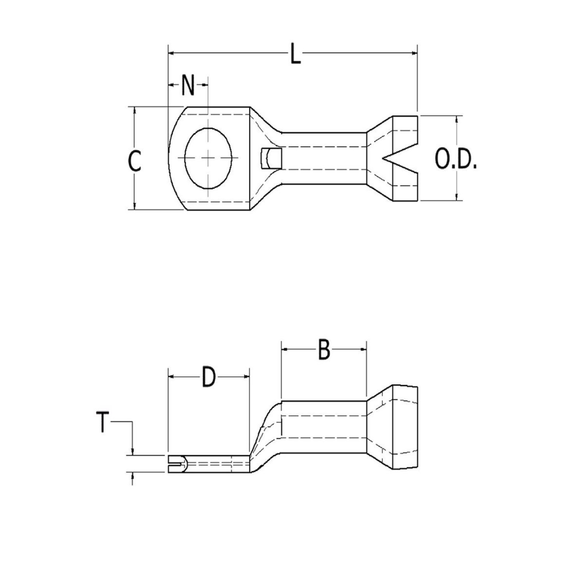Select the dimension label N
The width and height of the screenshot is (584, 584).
point(188,86)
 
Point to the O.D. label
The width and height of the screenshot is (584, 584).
point(456,160)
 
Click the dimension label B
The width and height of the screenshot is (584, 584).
point(324,350)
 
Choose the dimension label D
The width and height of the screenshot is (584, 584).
point(208,378)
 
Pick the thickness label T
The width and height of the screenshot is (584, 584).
point(102,422)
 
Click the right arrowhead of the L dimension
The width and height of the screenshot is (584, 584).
point(414,52)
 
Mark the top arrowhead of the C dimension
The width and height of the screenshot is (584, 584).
point(135,110)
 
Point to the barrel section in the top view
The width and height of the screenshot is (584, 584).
point(324,158)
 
